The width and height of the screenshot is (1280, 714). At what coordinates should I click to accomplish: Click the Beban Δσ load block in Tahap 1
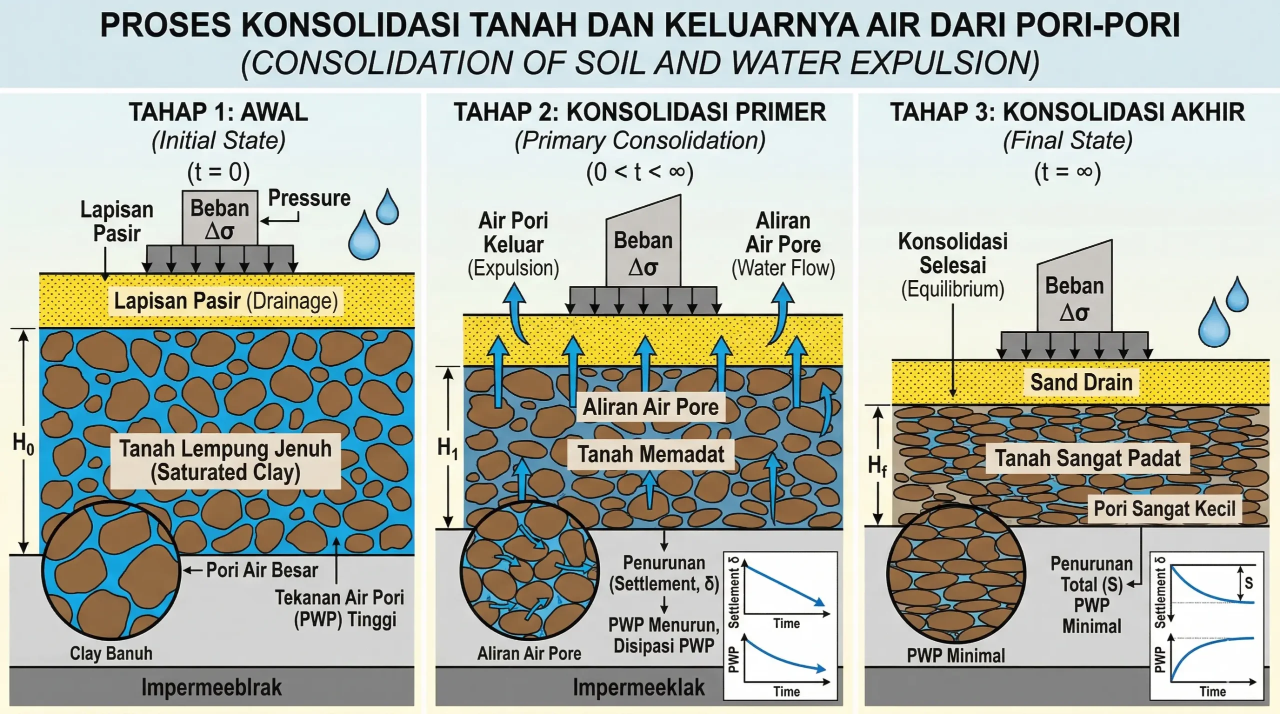220,218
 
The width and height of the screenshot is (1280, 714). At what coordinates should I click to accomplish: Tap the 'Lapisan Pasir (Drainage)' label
226,301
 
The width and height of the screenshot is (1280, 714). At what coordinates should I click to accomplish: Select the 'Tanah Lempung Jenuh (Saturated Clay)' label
225,460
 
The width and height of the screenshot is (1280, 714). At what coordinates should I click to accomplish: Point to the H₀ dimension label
23,443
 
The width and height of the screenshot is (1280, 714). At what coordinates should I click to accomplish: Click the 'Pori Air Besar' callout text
262,570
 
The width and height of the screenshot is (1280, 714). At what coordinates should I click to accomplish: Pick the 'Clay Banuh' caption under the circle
111,653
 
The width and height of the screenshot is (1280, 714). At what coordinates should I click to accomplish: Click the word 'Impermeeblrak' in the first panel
211,688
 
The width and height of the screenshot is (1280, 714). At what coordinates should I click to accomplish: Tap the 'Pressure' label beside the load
309,198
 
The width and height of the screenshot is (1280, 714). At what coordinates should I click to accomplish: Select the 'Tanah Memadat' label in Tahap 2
651,455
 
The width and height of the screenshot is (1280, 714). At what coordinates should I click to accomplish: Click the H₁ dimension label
447,448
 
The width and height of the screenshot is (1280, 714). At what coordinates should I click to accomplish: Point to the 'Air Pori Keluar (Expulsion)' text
513,244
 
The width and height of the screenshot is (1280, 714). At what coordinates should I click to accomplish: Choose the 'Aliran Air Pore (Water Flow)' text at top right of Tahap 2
783,244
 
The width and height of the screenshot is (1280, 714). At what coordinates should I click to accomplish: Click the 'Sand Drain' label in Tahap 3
1081,382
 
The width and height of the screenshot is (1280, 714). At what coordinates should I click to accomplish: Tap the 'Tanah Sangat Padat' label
1088,458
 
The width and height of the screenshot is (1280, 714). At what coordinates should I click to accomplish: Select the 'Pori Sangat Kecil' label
1164,509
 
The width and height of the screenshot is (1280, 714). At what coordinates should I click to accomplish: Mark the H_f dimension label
877,466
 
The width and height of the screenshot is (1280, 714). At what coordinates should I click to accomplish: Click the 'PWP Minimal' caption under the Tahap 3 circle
956,656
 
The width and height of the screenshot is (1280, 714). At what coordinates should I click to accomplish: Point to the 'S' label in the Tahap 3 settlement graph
1248,583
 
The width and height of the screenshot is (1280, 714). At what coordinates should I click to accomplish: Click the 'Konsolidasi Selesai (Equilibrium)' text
952,265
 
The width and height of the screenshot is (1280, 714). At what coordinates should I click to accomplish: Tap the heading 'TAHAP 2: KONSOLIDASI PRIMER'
640,112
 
